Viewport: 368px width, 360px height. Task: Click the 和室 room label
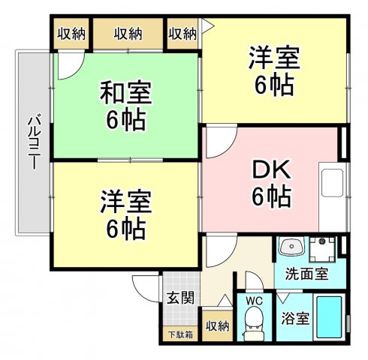coord(126,94)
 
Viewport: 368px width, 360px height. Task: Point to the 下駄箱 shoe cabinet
coord(179,334)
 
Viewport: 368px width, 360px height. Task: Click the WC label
coord(253,299)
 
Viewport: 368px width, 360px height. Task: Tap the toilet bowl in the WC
coord(253,324)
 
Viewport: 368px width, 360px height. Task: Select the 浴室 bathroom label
coord(292,318)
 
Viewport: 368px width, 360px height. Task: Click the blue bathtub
coord(327,318)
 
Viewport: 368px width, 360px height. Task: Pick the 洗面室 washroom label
coord(306,273)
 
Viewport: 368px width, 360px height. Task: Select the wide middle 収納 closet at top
coord(128,33)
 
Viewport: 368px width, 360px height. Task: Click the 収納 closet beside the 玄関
coord(217,325)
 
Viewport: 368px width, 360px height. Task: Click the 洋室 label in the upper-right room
coord(273,57)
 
